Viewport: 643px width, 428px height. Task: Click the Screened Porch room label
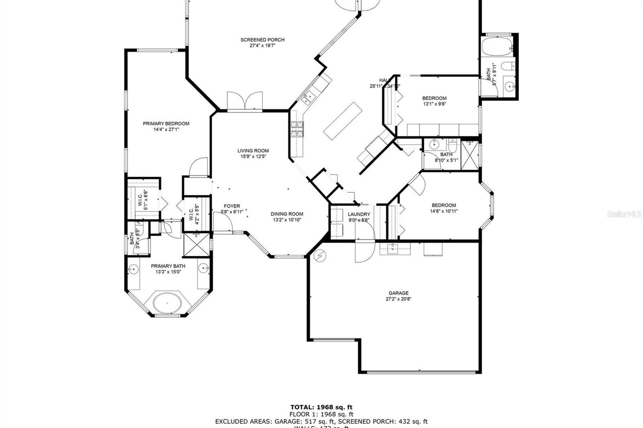[262, 40]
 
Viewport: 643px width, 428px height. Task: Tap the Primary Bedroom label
[166, 124]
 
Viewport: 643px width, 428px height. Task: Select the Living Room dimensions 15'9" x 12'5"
[253, 157]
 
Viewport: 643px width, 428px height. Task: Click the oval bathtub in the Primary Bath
[168, 302]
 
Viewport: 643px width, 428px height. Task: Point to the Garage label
[398, 293]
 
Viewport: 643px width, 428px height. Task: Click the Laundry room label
[359, 214]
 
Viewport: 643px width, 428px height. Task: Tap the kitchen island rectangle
[343, 121]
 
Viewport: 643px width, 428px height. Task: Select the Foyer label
[232, 206]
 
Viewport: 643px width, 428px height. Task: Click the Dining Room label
[287, 214]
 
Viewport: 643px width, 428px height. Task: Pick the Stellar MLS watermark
[624, 214]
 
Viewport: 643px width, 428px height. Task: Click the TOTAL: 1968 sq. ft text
[321, 408]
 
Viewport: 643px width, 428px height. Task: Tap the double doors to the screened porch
[245, 101]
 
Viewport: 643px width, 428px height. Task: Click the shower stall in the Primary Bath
[197, 245]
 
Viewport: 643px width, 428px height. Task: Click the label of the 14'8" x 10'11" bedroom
[444, 205]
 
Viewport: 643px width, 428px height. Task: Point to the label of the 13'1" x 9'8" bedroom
[434, 98]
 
